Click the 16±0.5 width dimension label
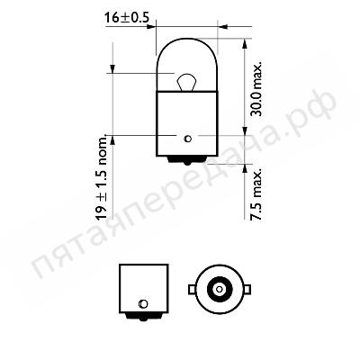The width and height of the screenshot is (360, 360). (x=127, y=18)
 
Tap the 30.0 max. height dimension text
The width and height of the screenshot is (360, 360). (x=256, y=89)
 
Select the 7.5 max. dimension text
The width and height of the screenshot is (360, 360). (x=256, y=194)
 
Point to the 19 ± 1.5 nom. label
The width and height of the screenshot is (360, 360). (x=102, y=177)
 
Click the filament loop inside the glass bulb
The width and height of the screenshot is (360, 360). (x=186, y=82)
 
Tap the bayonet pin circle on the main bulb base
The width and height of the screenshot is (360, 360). (x=188, y=139)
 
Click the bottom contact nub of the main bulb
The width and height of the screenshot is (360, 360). (x=187, y=161)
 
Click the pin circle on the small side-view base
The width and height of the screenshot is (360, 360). (x=143, y=304)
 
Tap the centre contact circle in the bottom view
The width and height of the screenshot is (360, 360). (x=220, y=289)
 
